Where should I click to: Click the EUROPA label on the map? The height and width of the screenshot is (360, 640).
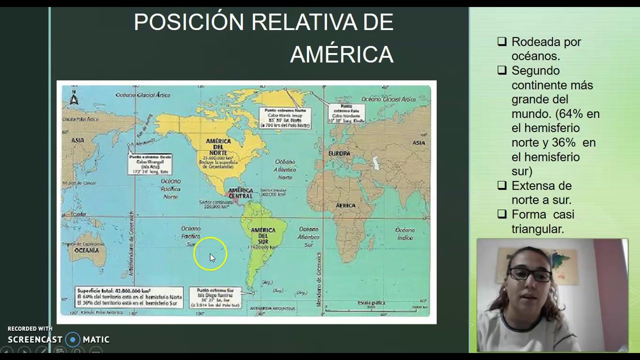tap(339, 153)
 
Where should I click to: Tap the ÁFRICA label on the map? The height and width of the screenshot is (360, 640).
tap(345, 205)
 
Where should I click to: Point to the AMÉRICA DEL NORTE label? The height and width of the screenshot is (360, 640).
tap(218, 144)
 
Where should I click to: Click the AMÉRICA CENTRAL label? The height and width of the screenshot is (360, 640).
tap(240, 193)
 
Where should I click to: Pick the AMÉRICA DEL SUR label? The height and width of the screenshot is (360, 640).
tap(263, 236)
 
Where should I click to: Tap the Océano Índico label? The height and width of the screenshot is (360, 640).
tap(404, 233)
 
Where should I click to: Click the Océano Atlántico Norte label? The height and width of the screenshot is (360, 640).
tap(285, 169)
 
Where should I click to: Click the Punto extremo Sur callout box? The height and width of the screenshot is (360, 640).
tap(215, 297)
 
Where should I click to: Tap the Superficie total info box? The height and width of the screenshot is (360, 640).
tap(129, 296)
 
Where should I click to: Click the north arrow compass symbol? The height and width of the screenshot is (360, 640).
tap(74, 97)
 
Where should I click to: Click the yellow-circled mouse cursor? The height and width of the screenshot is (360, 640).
tap(211, 256)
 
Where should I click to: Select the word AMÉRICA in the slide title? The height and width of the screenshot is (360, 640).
tap(341, 54)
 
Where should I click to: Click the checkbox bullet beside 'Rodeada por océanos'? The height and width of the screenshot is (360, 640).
tap(502, 42)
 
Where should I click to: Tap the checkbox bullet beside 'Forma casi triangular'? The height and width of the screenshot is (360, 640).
tap(502, 214)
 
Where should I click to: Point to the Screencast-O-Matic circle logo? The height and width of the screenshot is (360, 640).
tap(73, 339)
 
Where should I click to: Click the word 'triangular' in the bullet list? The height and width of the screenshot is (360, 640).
tap(537, 229)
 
